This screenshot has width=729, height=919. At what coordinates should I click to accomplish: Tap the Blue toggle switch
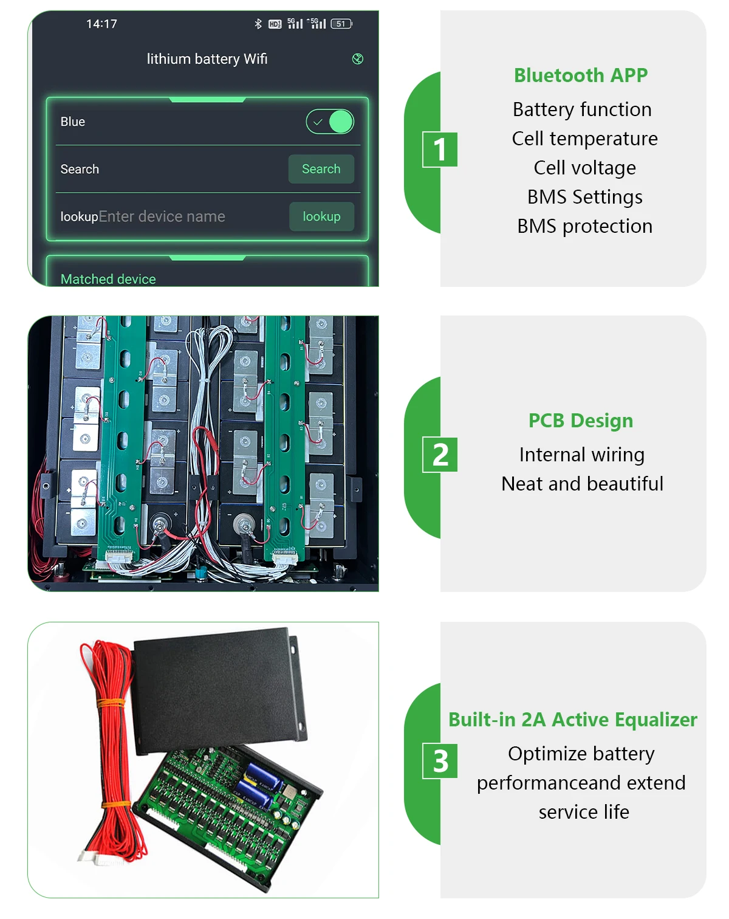coord(330,122)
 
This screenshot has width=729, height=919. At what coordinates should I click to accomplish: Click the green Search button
coord(321,169)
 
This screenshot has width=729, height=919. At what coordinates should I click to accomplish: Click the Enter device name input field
coord(162,216)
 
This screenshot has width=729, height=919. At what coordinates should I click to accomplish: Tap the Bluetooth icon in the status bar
coord(258,24)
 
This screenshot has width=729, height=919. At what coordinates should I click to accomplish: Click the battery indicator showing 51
coord(341,24)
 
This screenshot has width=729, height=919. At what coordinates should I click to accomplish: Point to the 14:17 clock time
coord(101,24)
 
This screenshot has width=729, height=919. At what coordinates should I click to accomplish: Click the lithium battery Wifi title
coord(207,59)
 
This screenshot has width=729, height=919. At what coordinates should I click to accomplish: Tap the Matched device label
coord(108,279)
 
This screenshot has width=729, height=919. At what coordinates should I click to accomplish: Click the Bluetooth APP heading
coord(581,75)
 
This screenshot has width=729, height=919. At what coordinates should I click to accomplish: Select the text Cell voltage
coord(584,168)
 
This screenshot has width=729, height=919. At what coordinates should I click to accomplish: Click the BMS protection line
coord(584,226)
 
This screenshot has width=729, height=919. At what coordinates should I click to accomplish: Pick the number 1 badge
coord(440,150)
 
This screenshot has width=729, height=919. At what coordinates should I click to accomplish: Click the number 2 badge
coord(440,455)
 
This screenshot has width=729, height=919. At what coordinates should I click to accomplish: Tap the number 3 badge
coord(440,762)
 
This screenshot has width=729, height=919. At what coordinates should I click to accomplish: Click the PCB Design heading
coord(581,421)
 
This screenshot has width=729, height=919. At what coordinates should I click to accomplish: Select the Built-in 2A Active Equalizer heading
coord(572,720)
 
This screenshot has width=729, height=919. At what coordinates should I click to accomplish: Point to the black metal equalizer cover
coord(219,687)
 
